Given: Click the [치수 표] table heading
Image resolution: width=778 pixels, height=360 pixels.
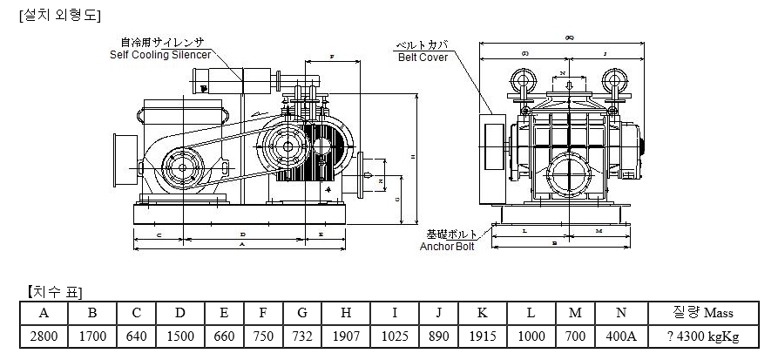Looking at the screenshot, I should coord(54,291).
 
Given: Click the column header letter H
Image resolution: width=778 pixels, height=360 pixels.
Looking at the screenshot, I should coord(345,312).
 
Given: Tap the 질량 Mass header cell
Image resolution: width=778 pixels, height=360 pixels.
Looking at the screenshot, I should coord(704,312).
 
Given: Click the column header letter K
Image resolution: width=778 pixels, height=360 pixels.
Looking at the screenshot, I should coord(482,312).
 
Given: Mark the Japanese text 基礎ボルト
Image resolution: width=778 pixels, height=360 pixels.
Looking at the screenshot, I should coord(452,234).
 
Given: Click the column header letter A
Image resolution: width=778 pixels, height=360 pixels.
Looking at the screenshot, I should coord(43,312).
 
